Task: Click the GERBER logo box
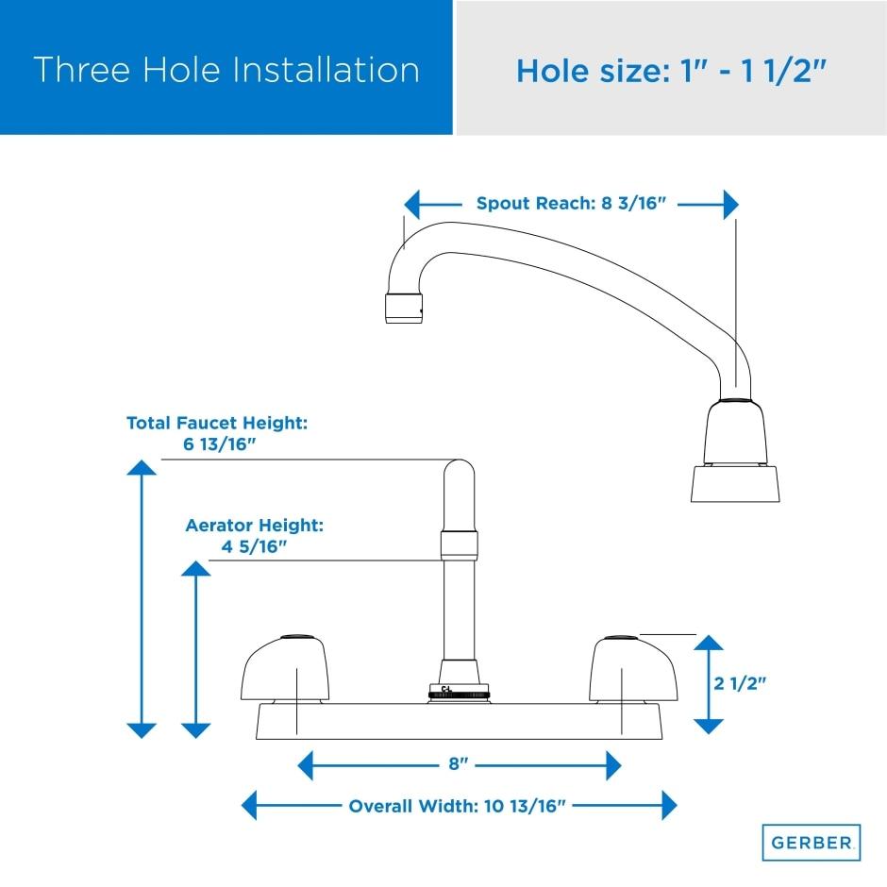(812, 843)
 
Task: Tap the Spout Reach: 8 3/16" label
(571, 203)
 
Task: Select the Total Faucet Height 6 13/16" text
(217, 433)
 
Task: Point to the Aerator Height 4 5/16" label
(255, 536)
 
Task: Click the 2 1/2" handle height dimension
(740, 683)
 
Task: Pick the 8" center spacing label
(459, 764)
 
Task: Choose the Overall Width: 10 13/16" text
(457, 806)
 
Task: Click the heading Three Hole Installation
(226, 70)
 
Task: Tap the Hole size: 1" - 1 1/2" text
(672, 72)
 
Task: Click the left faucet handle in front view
(285, 669)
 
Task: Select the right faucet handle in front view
(632, 669)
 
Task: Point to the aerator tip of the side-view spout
(404, 309)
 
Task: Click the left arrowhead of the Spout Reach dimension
(411, 204)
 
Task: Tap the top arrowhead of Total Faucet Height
(142, 467)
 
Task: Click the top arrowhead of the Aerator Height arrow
(195, 568)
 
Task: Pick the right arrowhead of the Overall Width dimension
(669, 805)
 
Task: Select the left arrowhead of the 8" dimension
(306, 765)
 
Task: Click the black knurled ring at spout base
(459, 694)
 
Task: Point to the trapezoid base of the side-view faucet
(735, 484)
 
